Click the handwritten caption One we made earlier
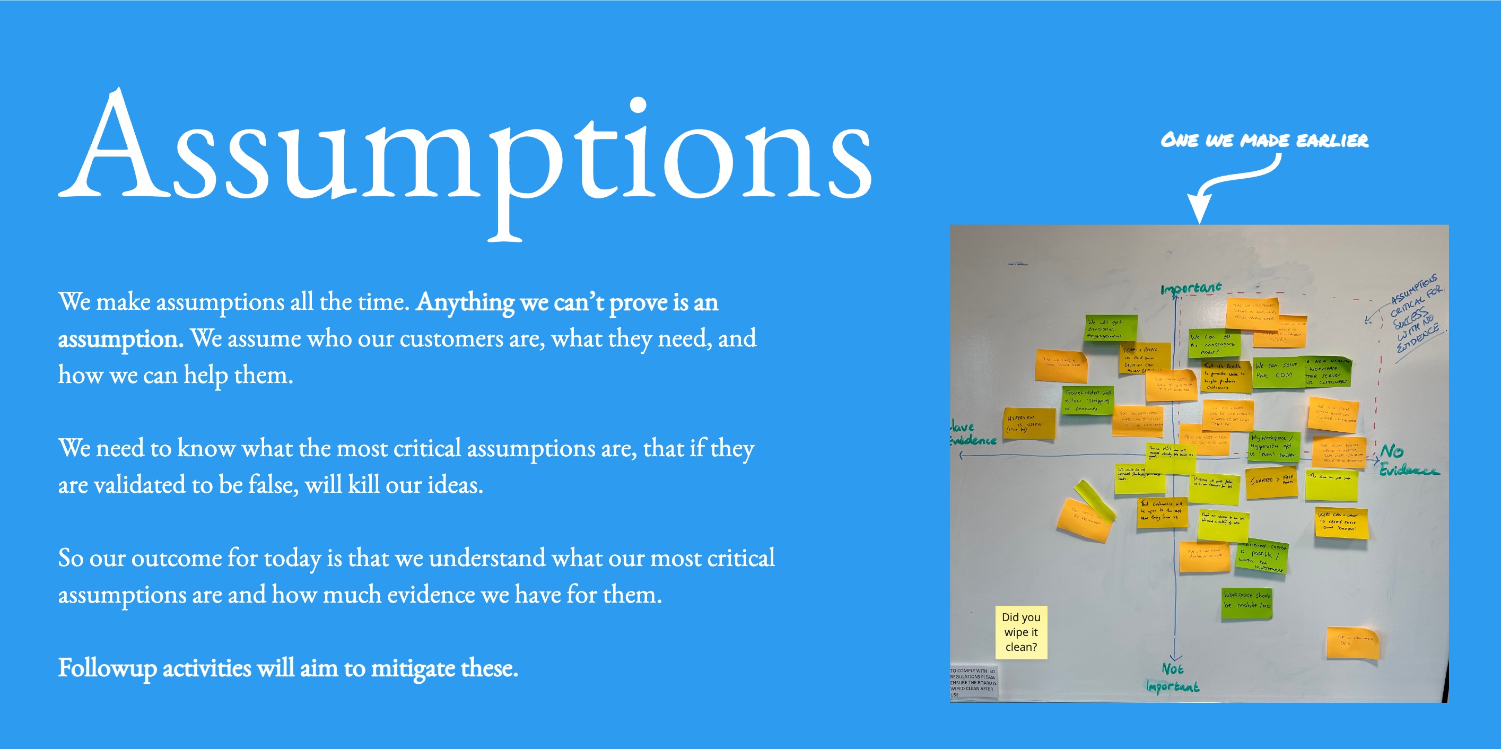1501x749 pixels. pos(1264,141)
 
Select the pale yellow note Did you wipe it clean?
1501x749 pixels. pos(1021,632)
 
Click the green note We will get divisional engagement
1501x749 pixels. pos(1111,328)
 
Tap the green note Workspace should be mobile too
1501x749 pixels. pos(1247,603)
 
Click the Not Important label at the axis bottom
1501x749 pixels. pos(1172,678)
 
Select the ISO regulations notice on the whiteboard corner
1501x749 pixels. pos(973,682)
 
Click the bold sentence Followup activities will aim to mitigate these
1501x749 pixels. pos(288,668)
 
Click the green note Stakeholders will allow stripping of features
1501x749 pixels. pos(1087,400)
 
